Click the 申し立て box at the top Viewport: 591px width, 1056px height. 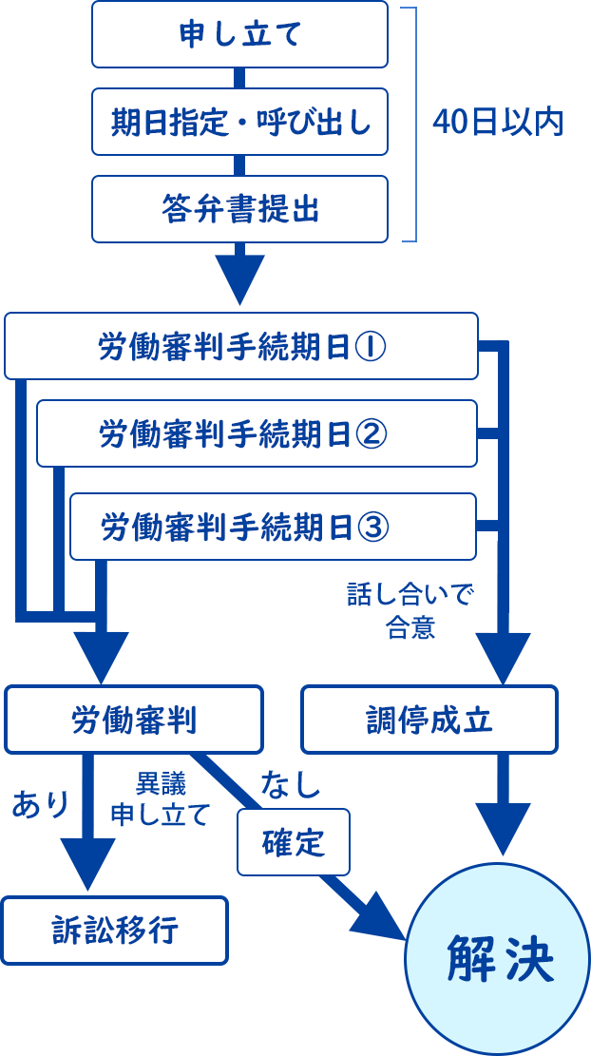[239, 34]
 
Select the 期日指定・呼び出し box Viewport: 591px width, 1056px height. [239, 122]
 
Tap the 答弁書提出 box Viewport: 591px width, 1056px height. [239, 209]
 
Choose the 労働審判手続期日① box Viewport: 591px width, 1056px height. [240, 346]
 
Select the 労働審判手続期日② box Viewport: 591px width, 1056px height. [256, 433]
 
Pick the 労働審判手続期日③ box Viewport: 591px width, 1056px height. [272, 526]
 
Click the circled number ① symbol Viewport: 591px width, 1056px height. [371, 346]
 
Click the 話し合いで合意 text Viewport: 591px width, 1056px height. [410, 611]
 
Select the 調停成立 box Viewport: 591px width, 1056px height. [429, 720]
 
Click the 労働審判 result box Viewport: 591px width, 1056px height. [134, 720]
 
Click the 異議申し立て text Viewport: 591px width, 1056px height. [159, 799]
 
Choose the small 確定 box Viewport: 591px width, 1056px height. [294, 842]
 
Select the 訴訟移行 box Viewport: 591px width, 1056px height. [114, 931]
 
